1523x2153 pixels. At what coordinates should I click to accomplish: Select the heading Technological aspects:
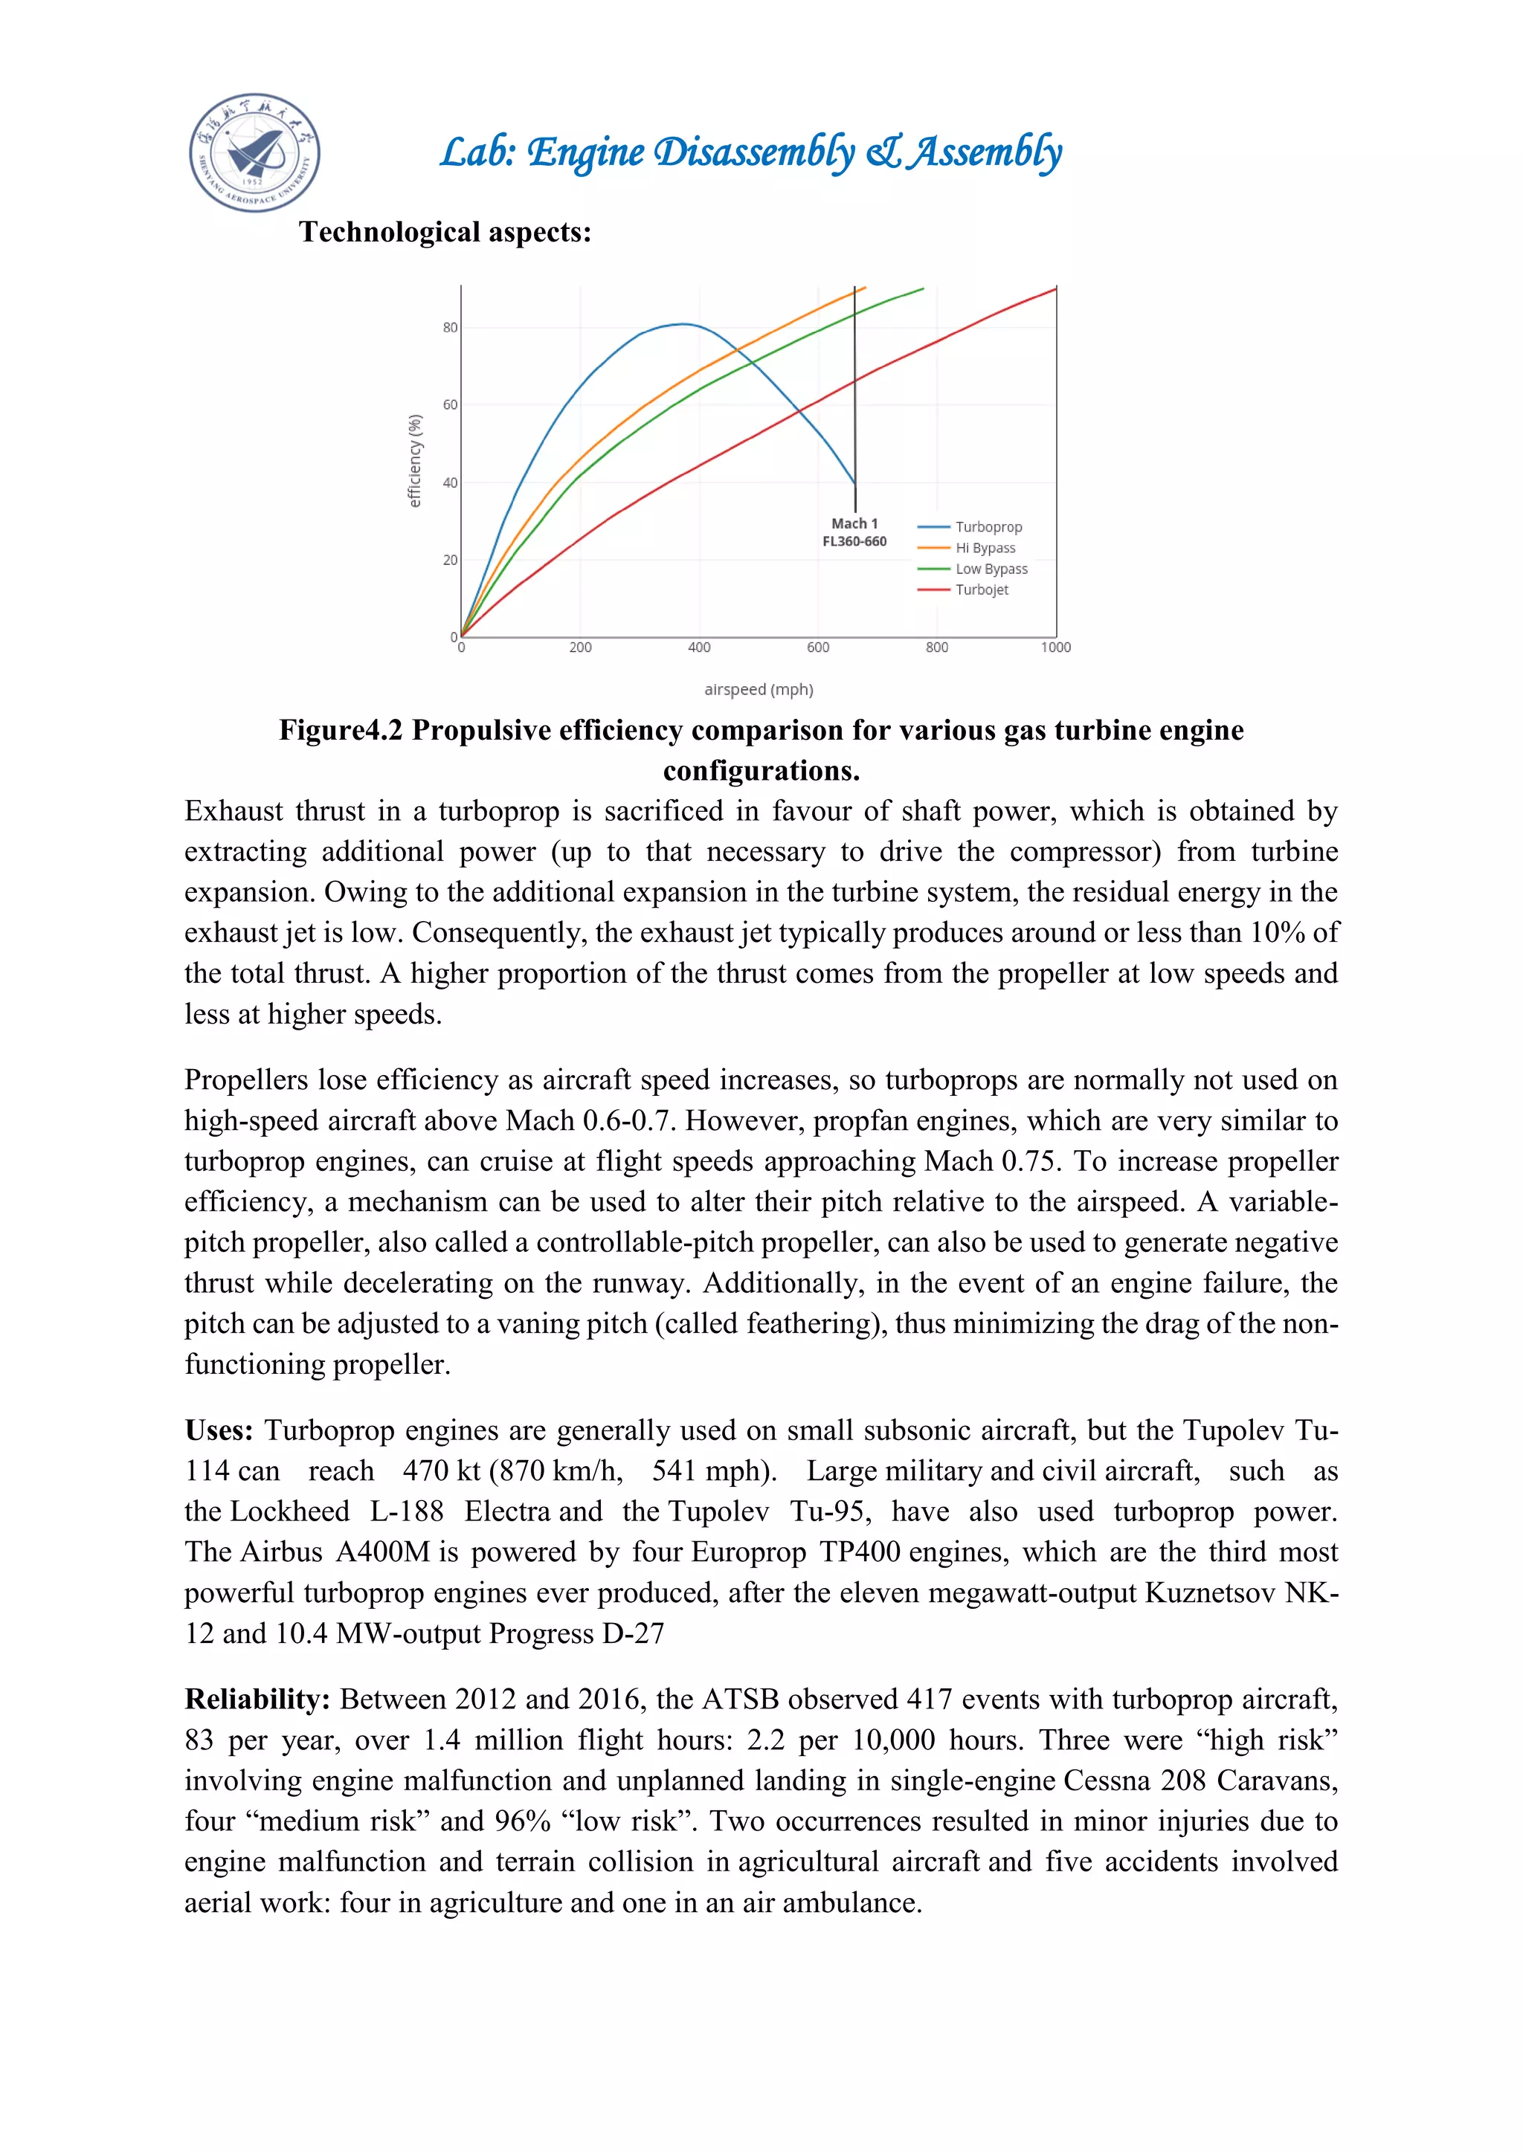(445, 232)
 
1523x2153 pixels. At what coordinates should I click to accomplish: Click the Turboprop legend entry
(988, 527)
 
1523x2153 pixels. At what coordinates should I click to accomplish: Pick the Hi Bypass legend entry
(985, 548)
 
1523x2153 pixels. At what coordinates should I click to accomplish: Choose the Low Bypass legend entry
(991, 569)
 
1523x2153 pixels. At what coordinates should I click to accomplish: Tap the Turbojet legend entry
(981, 590)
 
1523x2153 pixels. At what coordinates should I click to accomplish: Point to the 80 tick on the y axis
(450, 327)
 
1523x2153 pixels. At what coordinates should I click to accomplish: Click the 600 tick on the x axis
(818, 647)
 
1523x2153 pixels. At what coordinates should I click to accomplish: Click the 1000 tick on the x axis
(1055, 647)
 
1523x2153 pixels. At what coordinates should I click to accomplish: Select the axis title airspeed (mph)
(759, 689)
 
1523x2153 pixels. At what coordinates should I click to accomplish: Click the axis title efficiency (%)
(414, 460)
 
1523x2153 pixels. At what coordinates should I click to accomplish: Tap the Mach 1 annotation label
(854, 524)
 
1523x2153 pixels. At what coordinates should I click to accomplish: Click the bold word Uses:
(219, 1431)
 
